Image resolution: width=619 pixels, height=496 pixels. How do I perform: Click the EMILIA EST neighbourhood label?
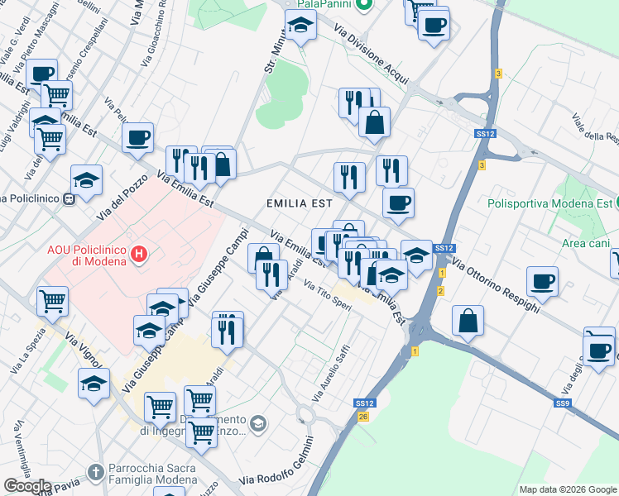tap(299, 203)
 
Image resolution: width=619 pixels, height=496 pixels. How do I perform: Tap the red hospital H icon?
tap(140, 253)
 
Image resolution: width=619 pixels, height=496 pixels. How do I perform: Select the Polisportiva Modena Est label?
tap(549, 203)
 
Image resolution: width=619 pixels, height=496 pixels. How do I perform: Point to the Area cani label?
tap(586, 243)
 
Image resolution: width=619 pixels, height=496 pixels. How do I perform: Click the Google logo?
tap(27, 486)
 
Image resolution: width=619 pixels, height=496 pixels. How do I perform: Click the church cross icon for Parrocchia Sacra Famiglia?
tap(96, 472)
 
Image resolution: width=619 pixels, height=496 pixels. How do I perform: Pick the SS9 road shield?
tap(563, 403)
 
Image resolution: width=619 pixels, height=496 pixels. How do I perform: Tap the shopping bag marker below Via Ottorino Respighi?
tap(468, 319)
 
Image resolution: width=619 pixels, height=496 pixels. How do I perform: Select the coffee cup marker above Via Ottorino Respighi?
tap(543, 281)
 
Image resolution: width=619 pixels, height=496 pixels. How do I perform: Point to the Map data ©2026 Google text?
tap(568, 489)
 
